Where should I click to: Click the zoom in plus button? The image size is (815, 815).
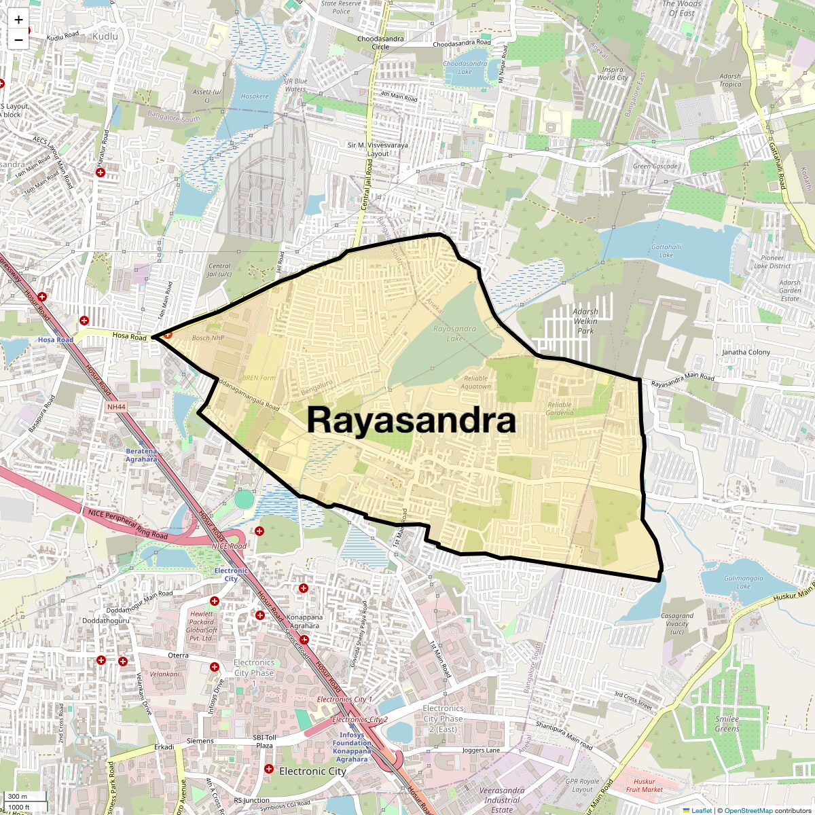click(x=18, y=20)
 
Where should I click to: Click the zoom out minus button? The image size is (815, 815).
click(x=18, y=39)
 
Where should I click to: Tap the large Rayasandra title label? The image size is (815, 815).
click(x=411, y=420)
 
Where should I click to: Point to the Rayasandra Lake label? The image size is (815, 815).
click(x=454, y=333)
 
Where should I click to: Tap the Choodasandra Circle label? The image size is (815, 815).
click(x=380, y=43)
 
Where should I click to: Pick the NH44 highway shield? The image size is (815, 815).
click(x=116, y=407)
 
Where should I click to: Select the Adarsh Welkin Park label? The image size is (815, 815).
click(x=585, y=321)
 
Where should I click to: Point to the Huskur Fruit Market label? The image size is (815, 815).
click(x=644, y=785)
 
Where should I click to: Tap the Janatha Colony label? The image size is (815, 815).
click(x=746, y=352)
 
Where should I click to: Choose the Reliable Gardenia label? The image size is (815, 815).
click(x=560, y=408)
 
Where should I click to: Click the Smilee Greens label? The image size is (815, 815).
click(x=727, y=723)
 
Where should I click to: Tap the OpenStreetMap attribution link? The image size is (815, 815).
click(x=748, y=810)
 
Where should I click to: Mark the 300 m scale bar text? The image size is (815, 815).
click(x=18, y=797)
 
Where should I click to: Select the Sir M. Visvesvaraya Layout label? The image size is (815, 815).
click(x=378, y=149)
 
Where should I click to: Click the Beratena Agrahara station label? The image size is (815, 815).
click(x=141, y=455)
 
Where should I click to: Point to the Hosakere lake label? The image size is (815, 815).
click(x=255, y=96)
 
